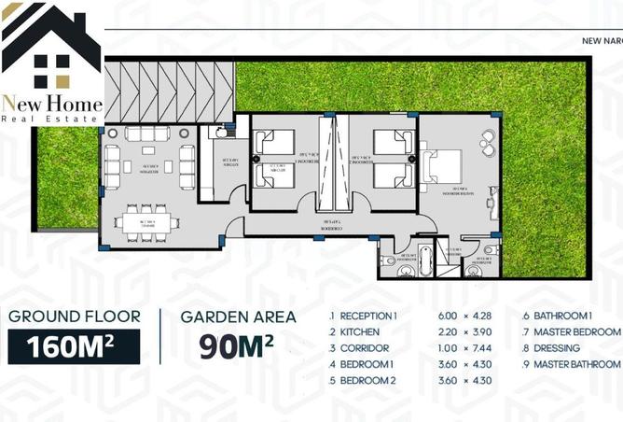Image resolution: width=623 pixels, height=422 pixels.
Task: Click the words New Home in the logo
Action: point(50,102)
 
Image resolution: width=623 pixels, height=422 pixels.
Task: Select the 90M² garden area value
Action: point(237,345)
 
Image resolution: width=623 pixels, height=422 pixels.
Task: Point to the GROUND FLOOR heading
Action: point(74,316)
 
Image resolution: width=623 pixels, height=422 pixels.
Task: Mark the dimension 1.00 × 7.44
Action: point(460,347)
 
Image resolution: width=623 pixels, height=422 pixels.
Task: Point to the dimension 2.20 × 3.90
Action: point(460,332)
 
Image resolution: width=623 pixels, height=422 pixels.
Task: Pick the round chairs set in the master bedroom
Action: point(487,143)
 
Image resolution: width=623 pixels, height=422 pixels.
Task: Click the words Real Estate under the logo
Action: point(50,119)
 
